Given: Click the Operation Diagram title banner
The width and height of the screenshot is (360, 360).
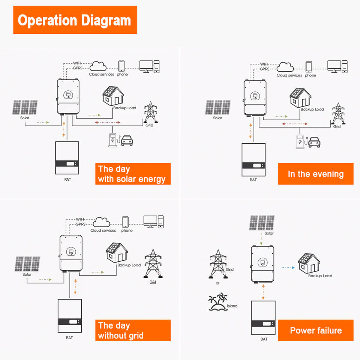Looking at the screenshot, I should pyautogui.click(x=75, y=20).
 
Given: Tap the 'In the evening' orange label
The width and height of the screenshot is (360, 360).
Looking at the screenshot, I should pyautogui.click(x=315, y=174).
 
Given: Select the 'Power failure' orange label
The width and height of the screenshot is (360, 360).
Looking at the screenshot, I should pyautogui.click(x=315, y=330).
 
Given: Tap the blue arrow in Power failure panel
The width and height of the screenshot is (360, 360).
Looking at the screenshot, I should pyautogui.click(x=288, y=268).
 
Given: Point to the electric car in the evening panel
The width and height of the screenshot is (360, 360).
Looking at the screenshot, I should pyautogui.click(x=314, y=142).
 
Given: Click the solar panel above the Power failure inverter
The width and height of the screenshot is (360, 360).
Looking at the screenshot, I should pyautogui.click(x=262, y=223).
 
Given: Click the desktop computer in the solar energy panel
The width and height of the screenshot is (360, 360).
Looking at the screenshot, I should pyautogui.click(x=149, y=67).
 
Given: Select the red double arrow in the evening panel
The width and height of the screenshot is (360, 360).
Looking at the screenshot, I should pyautogui.click(x=295, y=124).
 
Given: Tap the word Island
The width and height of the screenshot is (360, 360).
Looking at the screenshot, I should pyautogui.click(x=232, y=306).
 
